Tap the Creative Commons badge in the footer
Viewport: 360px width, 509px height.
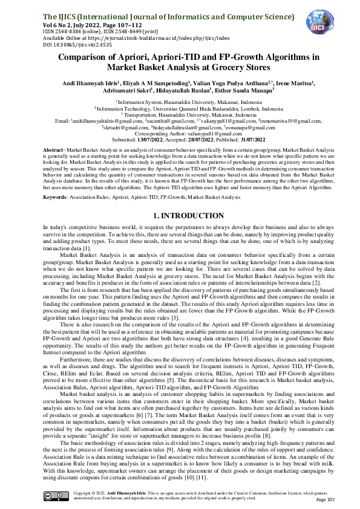coord(53,496)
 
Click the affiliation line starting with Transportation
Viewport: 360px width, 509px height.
coord(180,114)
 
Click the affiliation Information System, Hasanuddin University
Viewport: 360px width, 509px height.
coord(180,103)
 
